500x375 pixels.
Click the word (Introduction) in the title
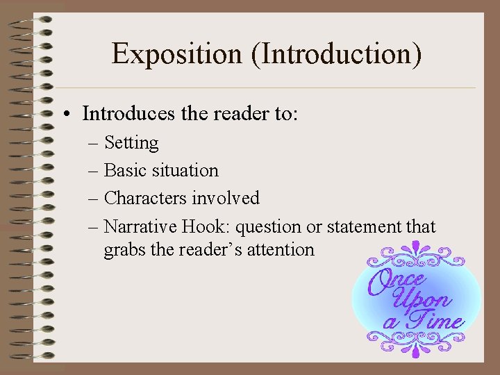pyautogui.click(x=337, y=54)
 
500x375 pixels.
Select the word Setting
pyautogui.click(x=131, y=143)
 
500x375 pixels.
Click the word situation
pyautogui.click(x=183, y=170)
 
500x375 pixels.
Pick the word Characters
pyautogui.click(x=145, y=198)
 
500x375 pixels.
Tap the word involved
pyautogui.click(x=226, y=198)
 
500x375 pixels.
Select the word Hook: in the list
pyautogui.click(x=201, y=226)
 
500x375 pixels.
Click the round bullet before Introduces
pyautogui.click(x=72, y=113)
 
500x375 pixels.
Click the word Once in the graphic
pyautogui.click(x=397, y=281)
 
